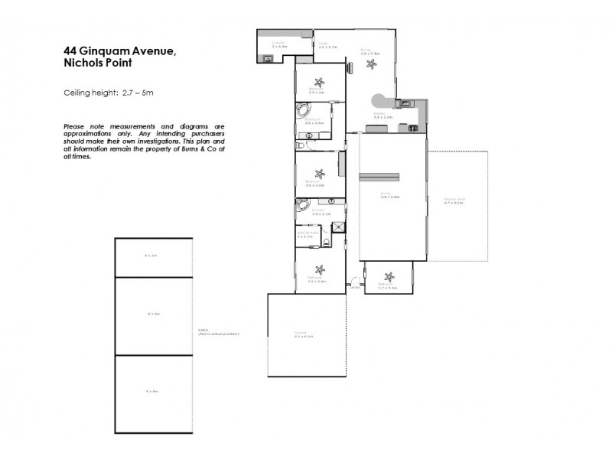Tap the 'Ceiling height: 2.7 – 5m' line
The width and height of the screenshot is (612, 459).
[109, 93]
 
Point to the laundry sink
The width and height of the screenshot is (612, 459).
[269, 58]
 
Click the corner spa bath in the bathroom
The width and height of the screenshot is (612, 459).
[301, 112]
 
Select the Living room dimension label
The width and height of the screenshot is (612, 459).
[390, 197]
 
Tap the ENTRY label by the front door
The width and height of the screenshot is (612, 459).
[354, 288]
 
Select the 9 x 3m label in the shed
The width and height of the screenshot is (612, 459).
[153, 255]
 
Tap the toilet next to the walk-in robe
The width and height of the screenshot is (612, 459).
[327, 243]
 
